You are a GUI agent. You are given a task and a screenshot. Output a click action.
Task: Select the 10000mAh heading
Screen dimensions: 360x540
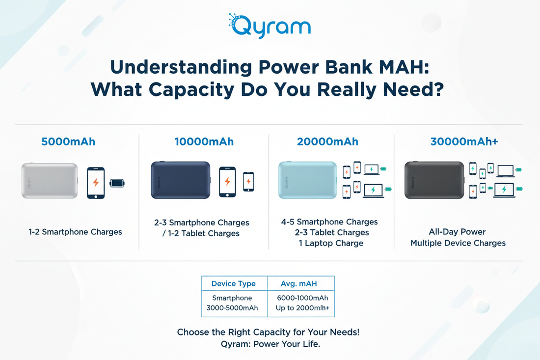(x=204, y=142)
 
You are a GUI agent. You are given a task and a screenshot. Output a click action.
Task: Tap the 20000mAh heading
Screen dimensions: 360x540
(x=327, y=142)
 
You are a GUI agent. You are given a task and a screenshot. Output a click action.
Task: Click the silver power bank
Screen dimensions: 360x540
(x=50, y=181)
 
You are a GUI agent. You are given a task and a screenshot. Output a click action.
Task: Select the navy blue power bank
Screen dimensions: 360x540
(x=180, y=180)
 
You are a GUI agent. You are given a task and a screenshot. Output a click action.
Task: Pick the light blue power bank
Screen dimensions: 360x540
(x=307, y=180)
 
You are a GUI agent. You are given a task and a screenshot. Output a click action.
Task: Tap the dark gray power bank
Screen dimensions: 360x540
(x=433, y=180)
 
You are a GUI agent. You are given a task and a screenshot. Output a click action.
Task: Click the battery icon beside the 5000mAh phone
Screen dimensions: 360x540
(x=117, y=183)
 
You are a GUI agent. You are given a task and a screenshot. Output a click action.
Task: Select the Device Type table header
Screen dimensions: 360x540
(x=233, y=283)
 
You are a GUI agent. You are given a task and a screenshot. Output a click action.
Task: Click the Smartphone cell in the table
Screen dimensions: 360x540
(x=232, y=298)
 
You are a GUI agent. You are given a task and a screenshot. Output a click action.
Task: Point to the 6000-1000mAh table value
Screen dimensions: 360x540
(x=302, y=298)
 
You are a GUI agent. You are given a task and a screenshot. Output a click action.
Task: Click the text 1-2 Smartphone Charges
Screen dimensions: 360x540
(x=75, y=232)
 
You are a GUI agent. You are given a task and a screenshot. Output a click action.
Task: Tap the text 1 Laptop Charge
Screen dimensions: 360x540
(x=331, y=243)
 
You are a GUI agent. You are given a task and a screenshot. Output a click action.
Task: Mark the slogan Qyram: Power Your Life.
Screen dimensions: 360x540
(x=270, y=344)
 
